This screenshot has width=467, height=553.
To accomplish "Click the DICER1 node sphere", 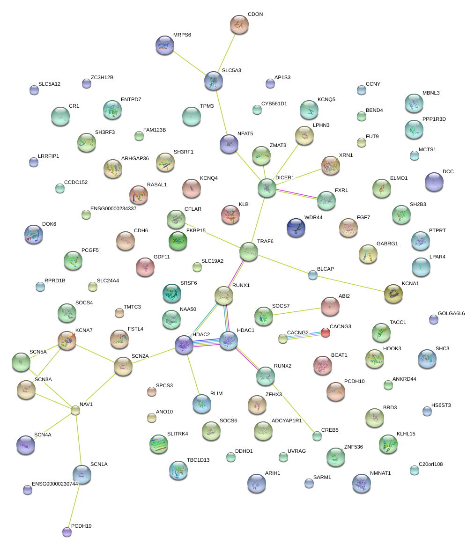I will [267, 188].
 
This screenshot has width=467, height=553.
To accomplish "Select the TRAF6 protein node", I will [248, 251].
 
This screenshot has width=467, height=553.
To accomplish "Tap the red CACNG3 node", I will [325, 332].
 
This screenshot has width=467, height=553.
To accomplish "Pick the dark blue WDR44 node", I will [296, 227].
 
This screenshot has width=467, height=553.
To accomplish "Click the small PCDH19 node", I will [67, 532].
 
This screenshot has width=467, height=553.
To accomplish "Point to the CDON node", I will [239, 24].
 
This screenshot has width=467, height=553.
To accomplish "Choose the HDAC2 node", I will [184, 344].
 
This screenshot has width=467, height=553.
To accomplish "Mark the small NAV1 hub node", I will [75, 410].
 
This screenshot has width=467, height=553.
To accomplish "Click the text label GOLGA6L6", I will [451, 313].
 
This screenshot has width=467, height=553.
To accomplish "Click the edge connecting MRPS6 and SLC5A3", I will [189, 63].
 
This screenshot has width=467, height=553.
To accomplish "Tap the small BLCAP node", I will [313, 275].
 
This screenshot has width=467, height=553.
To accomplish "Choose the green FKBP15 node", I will [178, 240].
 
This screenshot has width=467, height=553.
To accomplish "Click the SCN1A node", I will [82, 474].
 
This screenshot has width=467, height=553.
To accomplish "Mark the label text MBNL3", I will [431, 93].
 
